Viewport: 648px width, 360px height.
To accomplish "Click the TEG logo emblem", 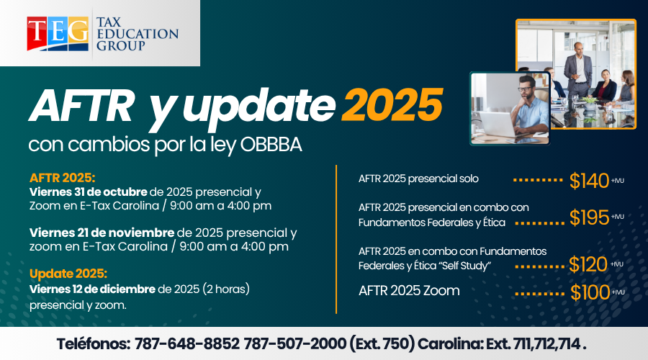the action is click(x=58, y=33).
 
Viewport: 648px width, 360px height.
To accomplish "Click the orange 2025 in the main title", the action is click(x=392, y=105).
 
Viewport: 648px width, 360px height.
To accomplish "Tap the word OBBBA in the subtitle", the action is click(x=271, y=145).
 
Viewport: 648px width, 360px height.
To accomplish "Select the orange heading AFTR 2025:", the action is click(x=63, y=178).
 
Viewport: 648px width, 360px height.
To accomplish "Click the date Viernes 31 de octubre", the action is click(x=88, y=192).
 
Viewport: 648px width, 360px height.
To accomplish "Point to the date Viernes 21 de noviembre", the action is click(x=102, y=233).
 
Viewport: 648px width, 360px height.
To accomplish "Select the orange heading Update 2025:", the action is click(x=68, y=274).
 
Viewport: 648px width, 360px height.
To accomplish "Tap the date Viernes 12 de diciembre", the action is click(x=92, y=289).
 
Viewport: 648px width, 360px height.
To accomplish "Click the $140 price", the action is click(x=589, y=181).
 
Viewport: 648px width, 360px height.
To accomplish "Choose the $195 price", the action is click(x=589, y=217).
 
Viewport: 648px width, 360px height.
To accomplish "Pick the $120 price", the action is click(x=588, y=264).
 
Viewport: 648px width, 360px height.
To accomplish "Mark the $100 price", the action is click(x=590, y=292).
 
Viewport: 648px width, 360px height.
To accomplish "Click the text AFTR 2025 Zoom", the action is click(x=409, y=291).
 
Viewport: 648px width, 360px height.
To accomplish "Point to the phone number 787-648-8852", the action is click(x=187, y=344).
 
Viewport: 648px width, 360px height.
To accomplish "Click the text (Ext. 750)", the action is click(x=382, y=344).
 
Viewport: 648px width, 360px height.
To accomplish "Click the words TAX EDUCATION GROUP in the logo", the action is click(x=138, y=33).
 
